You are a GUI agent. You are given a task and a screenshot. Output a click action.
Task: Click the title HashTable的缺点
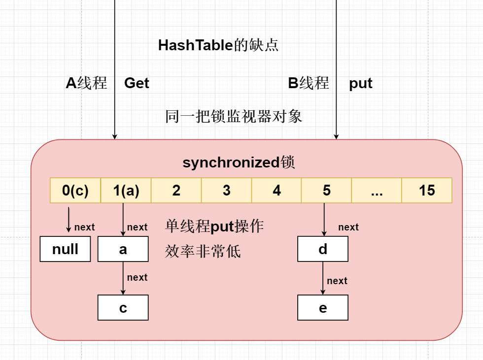coord(218,45)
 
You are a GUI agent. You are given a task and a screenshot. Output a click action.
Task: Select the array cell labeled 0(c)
coord(75,191)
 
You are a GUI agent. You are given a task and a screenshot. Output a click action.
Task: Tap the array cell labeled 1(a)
coord(126,191)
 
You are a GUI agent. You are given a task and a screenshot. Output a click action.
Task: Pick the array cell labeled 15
coord(427,191)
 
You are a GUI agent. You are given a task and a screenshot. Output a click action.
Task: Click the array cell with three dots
coord(377,191)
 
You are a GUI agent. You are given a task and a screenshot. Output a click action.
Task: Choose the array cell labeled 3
coord(227,191)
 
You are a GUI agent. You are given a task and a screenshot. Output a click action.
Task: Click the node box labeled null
coord(65,249)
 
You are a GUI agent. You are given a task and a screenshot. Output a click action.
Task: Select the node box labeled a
coord(123,249)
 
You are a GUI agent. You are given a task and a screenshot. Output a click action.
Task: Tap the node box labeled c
coord(123,308)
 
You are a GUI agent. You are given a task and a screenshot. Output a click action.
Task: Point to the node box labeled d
coord(323,249)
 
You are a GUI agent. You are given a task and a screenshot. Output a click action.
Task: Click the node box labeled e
coord(323,308)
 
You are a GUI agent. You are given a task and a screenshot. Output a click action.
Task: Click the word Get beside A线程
coord(137,83)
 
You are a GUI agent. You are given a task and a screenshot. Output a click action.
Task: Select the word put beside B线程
coord(361,83)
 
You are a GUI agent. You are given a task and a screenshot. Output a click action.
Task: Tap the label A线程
coord(86,83)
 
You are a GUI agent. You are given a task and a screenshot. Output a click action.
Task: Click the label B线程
coord(309,83)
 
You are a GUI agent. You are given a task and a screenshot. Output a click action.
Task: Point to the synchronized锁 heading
coord(239,163)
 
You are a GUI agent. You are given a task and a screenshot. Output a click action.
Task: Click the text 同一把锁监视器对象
coord(234,117)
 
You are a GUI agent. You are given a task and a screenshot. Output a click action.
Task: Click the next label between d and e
coord(337,281)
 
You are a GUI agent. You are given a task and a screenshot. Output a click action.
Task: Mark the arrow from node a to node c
coord(123,278)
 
